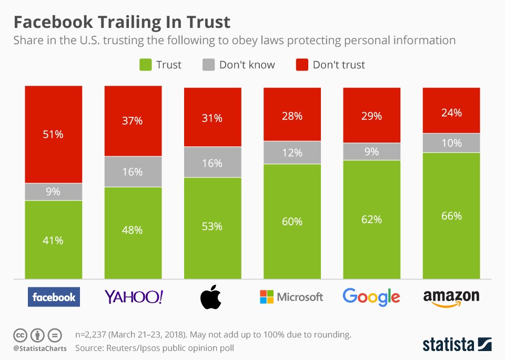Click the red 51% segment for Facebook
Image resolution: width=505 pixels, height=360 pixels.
click(x=54, y=134)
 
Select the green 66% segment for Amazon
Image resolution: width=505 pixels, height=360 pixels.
click(x=451, y=216)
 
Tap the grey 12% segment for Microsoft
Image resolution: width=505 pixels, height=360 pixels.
click(x=292, y=153)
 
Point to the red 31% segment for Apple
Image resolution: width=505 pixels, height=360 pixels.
click(x=213, y=118)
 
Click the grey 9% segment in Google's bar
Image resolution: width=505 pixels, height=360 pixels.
click(x=371, y=152)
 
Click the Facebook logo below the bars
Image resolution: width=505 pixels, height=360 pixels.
click(x=54, y=297)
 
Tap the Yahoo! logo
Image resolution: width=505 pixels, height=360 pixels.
click(x=134, y=297)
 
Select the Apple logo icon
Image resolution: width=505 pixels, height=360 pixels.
click(x=211, y=296)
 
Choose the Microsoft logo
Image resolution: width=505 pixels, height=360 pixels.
click(x=291, y=297)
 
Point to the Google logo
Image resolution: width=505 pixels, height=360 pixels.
click(x=371, y=297)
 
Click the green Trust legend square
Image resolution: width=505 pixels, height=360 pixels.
click(x=145, y=65)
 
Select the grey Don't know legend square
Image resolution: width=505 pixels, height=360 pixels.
click(x=209, y=65)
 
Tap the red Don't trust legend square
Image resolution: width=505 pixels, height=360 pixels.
click(x=302, y=65)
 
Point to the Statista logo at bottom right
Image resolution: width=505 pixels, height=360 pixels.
click(x=457, y=344)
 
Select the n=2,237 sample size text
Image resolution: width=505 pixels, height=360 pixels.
click(x=96, y=335)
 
